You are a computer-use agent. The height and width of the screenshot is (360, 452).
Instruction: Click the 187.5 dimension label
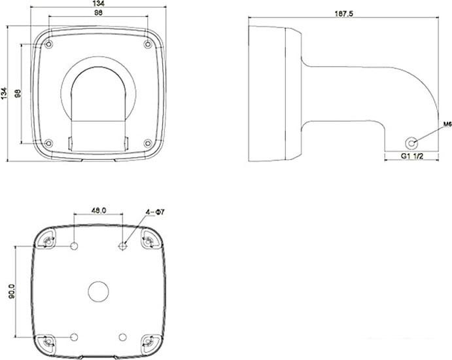(x=344, y=14)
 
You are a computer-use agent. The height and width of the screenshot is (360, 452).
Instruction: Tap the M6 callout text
(x=447, y=124)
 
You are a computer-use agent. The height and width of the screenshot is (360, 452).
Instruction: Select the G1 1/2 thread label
(x=412, y=156)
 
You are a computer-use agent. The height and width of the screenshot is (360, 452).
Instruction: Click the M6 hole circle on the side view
(x=411, y=143)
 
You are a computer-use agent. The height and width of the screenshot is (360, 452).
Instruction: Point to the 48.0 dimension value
(x=99, y=211)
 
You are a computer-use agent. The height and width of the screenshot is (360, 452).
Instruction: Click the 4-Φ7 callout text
(x=155, y=212)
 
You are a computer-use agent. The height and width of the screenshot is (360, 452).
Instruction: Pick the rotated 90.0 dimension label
(x=12, y=291)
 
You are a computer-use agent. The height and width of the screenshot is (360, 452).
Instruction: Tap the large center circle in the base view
(x=98, y=291)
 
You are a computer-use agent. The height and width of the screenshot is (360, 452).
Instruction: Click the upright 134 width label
(x=99, y=3)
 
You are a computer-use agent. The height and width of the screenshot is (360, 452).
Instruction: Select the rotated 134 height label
(x=4, y=93)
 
